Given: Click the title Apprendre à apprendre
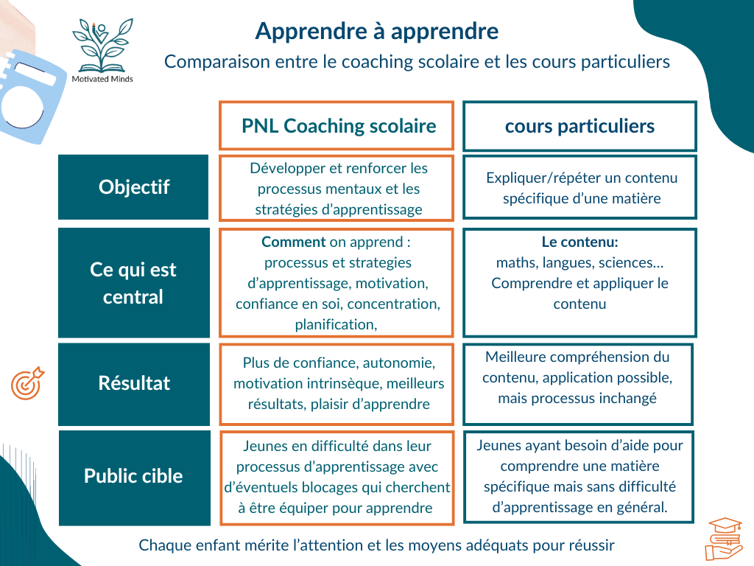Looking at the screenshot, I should pyautogui.click(x=376, y=31).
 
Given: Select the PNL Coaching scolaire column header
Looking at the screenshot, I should pyautogui.click(x=337, y=126).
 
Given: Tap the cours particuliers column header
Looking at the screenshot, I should pyautogui.click(x=579, y=126).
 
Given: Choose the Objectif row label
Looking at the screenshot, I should pyautogui.click(x=133, y=187).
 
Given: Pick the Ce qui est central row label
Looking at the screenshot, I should pyautogui.click(x=133, y=283).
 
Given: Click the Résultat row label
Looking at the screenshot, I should pyautogui.click(x=133, y=383).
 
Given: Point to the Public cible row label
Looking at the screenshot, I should pyautogui.click(x=133, y=476).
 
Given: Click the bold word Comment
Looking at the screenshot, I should pyautogui.click(x=294, y=242).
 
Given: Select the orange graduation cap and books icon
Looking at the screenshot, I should pyautogui.click(x=725, y=537).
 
